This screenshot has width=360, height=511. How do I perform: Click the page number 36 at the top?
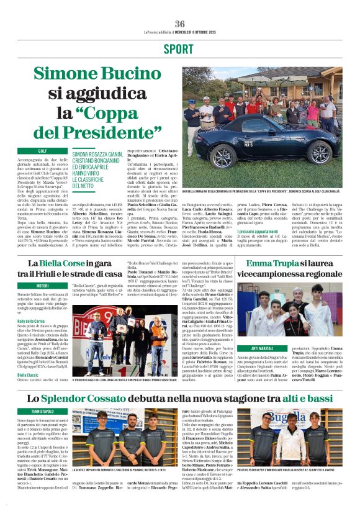click(179, 24)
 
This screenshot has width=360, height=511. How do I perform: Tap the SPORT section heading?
click(179, 50)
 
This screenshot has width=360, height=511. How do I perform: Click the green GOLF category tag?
click(43, 151)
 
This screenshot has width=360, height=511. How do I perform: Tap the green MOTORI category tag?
click(42, 286)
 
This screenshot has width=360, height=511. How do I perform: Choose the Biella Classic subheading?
click(29, 376)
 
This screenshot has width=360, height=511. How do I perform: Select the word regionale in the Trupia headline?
click(307, 274)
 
